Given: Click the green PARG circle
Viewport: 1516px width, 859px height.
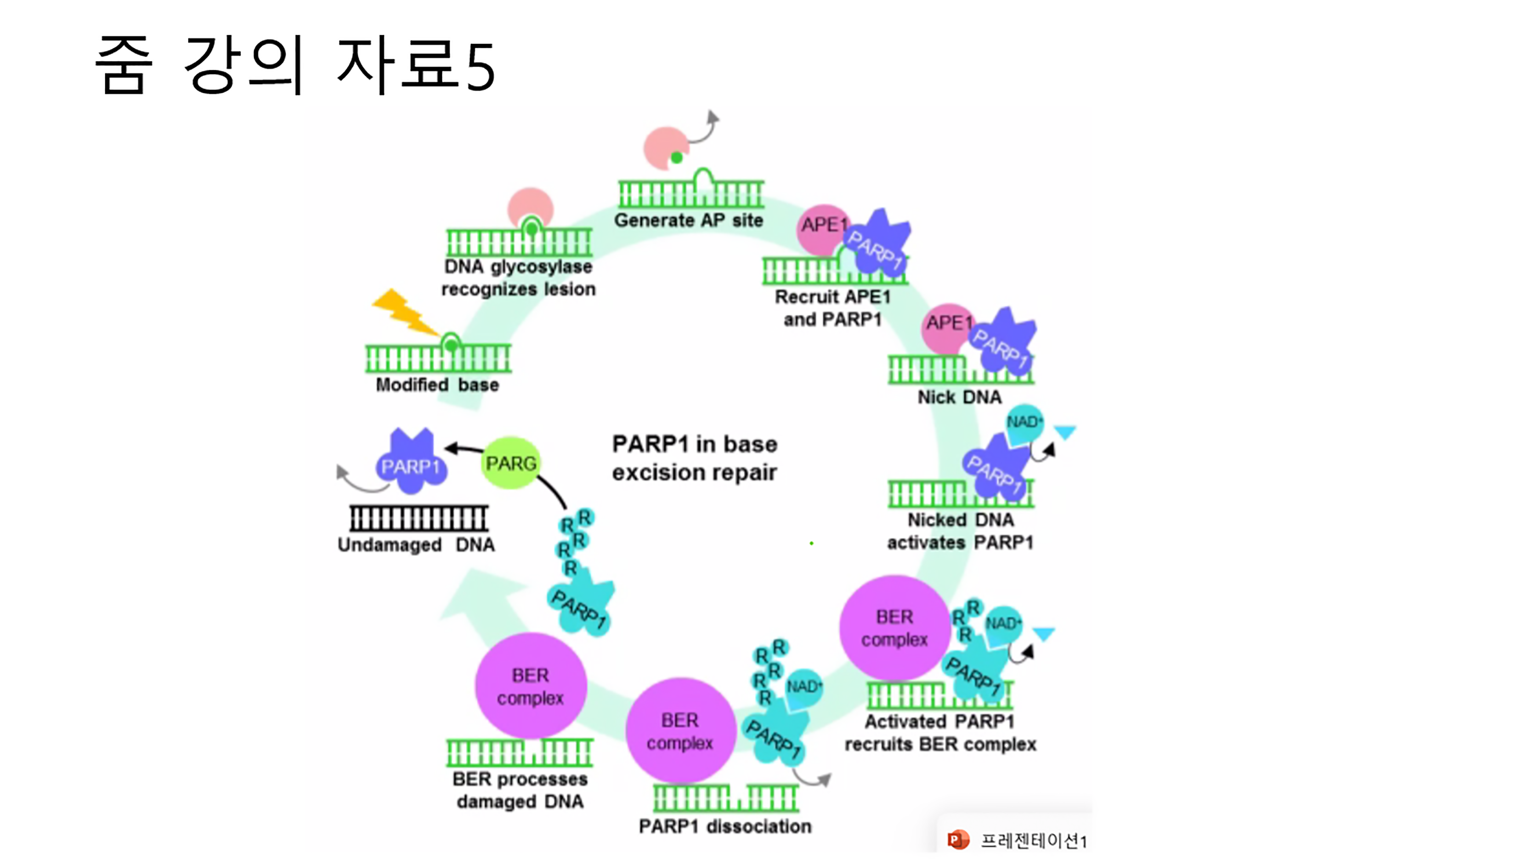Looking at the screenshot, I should tap(510, 463).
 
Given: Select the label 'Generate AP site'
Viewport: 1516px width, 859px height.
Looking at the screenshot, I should tap(688, 220).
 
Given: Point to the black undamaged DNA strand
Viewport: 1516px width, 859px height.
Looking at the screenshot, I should tap(419, 519).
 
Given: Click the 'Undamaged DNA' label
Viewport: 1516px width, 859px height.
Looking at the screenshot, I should tap(416, 544).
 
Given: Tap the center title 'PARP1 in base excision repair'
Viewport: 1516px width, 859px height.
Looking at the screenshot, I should tap(694, 458).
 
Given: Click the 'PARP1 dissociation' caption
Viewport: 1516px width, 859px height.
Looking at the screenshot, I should tap(725, 826).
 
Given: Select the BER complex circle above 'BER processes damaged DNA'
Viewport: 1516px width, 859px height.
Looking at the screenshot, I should tap(530, 685).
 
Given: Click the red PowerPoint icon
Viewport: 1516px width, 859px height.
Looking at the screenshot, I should tap(957, 840).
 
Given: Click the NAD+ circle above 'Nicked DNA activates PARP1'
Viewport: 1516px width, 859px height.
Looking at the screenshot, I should tap(1024, 423).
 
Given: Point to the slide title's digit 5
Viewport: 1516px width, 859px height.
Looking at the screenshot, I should tap(480, 67).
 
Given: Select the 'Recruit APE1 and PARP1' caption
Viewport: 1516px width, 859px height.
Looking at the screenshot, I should tap(832, 308).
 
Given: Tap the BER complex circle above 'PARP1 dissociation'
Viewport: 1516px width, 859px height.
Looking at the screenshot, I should tap(680, 730).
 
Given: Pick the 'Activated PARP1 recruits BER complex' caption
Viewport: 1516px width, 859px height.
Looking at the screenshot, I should tap(940, 733).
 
